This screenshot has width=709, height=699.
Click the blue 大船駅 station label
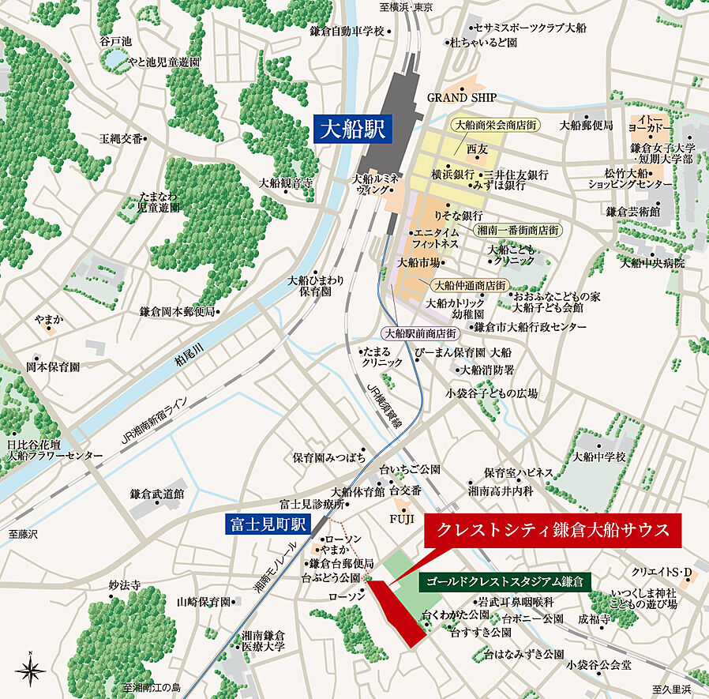[x=353, y=129]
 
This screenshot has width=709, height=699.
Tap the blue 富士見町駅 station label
[x=268, y=523]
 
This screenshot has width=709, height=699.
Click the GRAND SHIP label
[x=462, y=97]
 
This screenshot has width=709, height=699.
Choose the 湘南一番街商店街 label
[x=518, y=231]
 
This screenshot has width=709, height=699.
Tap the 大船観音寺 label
[x=286, y=182]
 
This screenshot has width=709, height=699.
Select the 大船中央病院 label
[x=652, y=263]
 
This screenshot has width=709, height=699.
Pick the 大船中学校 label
[x=599, y=457]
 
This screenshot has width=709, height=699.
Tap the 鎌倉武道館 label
[x=157, y=494]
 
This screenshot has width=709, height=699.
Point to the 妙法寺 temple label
[x=125, y=585]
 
